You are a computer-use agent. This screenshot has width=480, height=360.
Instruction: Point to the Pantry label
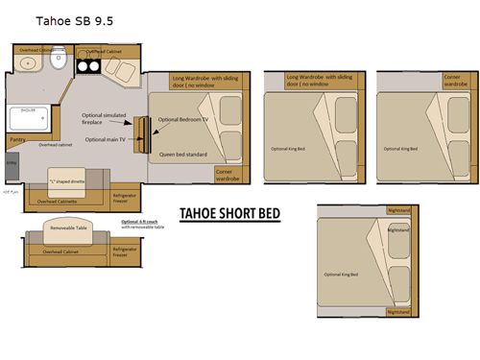(x=17, y=139)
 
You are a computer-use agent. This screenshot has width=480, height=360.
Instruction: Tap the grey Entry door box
(x=11, y=165)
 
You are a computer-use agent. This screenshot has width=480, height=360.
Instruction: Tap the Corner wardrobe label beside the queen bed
(x=228, y=174)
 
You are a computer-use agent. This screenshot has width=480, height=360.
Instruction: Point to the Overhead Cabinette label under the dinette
(x=58, y=202)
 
